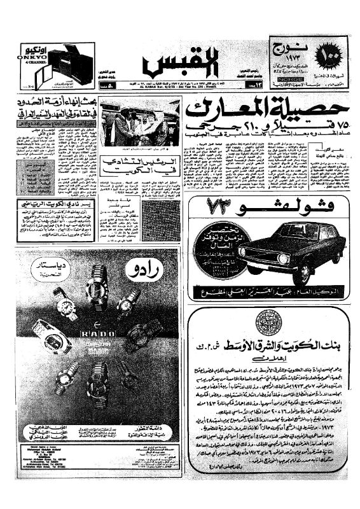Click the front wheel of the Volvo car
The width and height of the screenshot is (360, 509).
(x=287, y=272)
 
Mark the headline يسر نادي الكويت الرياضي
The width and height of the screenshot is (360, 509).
(x=55, y=206)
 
